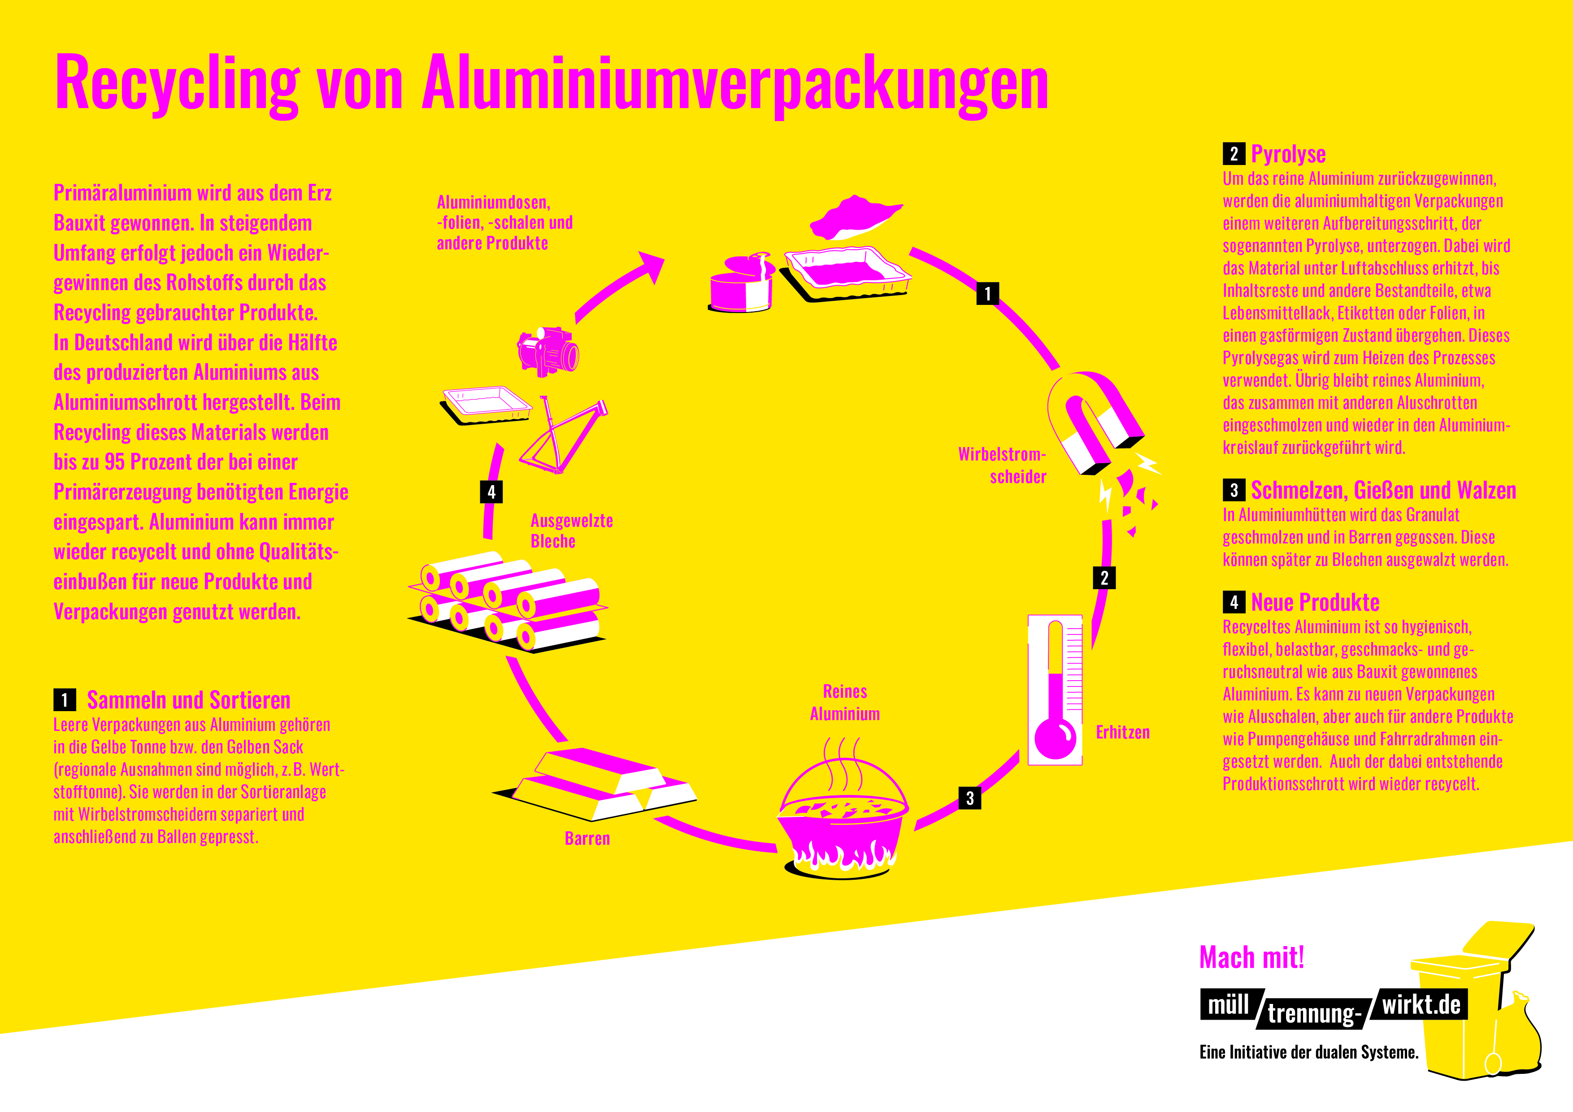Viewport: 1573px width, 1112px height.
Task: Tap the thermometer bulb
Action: pyautogui.click(x=1055, y=738)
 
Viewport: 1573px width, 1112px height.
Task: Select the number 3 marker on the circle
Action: pyautogui.click(x=969, y=798)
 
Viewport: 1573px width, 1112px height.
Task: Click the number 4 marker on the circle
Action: pyautogui.click(x=491, y=491)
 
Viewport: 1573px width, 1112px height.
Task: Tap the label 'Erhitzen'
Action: pyautogui.click(x=1122, y=732)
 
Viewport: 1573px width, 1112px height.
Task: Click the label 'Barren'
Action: pyautogui.click(x=587, y=838)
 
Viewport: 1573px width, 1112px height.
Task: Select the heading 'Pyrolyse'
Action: pyautogui.click(x=1288, y=154)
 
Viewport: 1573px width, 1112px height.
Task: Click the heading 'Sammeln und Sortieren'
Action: pyautogui.click(x=188, y=700)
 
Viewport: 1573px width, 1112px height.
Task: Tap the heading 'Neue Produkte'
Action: pyautogui.click(x=1315, y=602)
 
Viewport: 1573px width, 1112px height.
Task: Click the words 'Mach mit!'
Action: pyautogui.click(x=1251, y=957)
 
